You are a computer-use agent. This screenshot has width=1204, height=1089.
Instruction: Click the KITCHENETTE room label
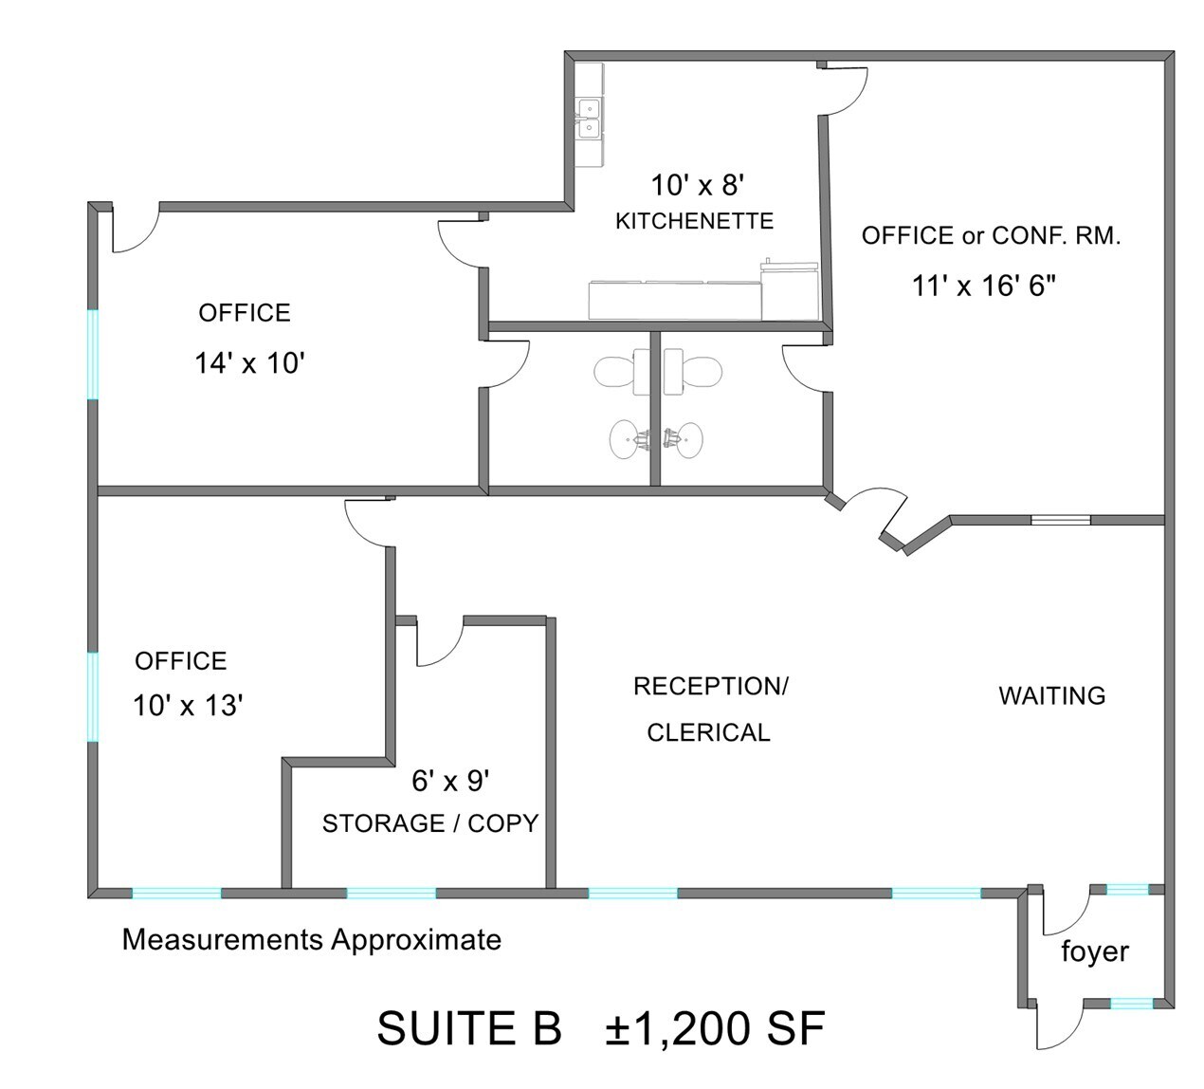(x=694, y=221)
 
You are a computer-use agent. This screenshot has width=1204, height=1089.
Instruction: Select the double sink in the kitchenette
(x=589, y=118)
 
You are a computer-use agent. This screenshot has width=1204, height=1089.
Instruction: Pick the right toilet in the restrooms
(x=692, y=371)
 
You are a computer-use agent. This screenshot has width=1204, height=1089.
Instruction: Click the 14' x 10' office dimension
(x=248, y=363)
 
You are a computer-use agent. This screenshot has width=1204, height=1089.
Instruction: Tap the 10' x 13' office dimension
(x=189, y=706)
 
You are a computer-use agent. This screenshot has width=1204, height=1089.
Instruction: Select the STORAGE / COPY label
(x=429, y=823)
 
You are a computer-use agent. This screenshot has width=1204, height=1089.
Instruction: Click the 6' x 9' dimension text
(x=449, y=781)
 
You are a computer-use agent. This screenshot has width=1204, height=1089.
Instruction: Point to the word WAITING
(x=1051, y=696)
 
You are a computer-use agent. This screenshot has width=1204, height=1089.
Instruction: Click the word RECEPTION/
(x=710, y=686)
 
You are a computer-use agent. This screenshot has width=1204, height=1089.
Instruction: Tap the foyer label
(x=1094, y=951)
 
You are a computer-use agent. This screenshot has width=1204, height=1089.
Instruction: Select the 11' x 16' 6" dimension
(x=984, y=286)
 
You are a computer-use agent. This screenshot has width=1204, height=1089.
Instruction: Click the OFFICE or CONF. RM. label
(x=991, y=236)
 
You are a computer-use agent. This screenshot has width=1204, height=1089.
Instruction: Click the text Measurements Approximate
(x=311, y=940)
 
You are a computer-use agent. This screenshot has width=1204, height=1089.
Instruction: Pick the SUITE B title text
(x=469, y=1028)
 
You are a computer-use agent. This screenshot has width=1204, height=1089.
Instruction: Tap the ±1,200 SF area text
(x=716, y=1028)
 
